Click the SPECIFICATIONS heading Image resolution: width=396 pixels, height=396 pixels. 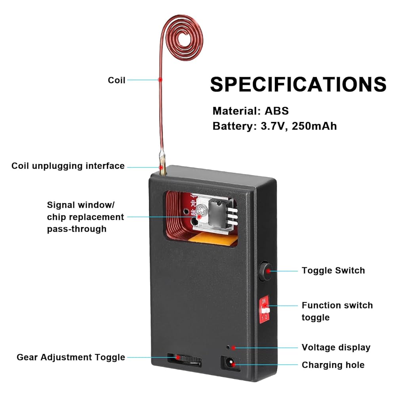coord(298,84)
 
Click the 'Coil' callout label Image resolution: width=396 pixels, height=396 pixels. coord(116,80)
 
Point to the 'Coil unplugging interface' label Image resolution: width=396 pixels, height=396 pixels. coord(68,166)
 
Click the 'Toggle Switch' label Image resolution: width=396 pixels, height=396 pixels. coord(333,270)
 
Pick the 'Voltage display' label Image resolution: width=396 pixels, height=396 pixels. coord(336,347)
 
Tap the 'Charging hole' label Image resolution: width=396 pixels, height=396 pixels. coord(333,365)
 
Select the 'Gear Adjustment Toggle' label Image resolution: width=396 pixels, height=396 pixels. coord(71,357)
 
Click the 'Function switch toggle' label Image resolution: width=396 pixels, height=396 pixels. coord(337,311)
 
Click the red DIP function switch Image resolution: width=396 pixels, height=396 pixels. coord(265,309)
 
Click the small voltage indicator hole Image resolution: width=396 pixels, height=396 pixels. coord(228,347)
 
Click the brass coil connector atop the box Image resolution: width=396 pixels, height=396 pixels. coord(163,169)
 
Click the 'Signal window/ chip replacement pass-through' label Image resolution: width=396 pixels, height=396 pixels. coord(85,217)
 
